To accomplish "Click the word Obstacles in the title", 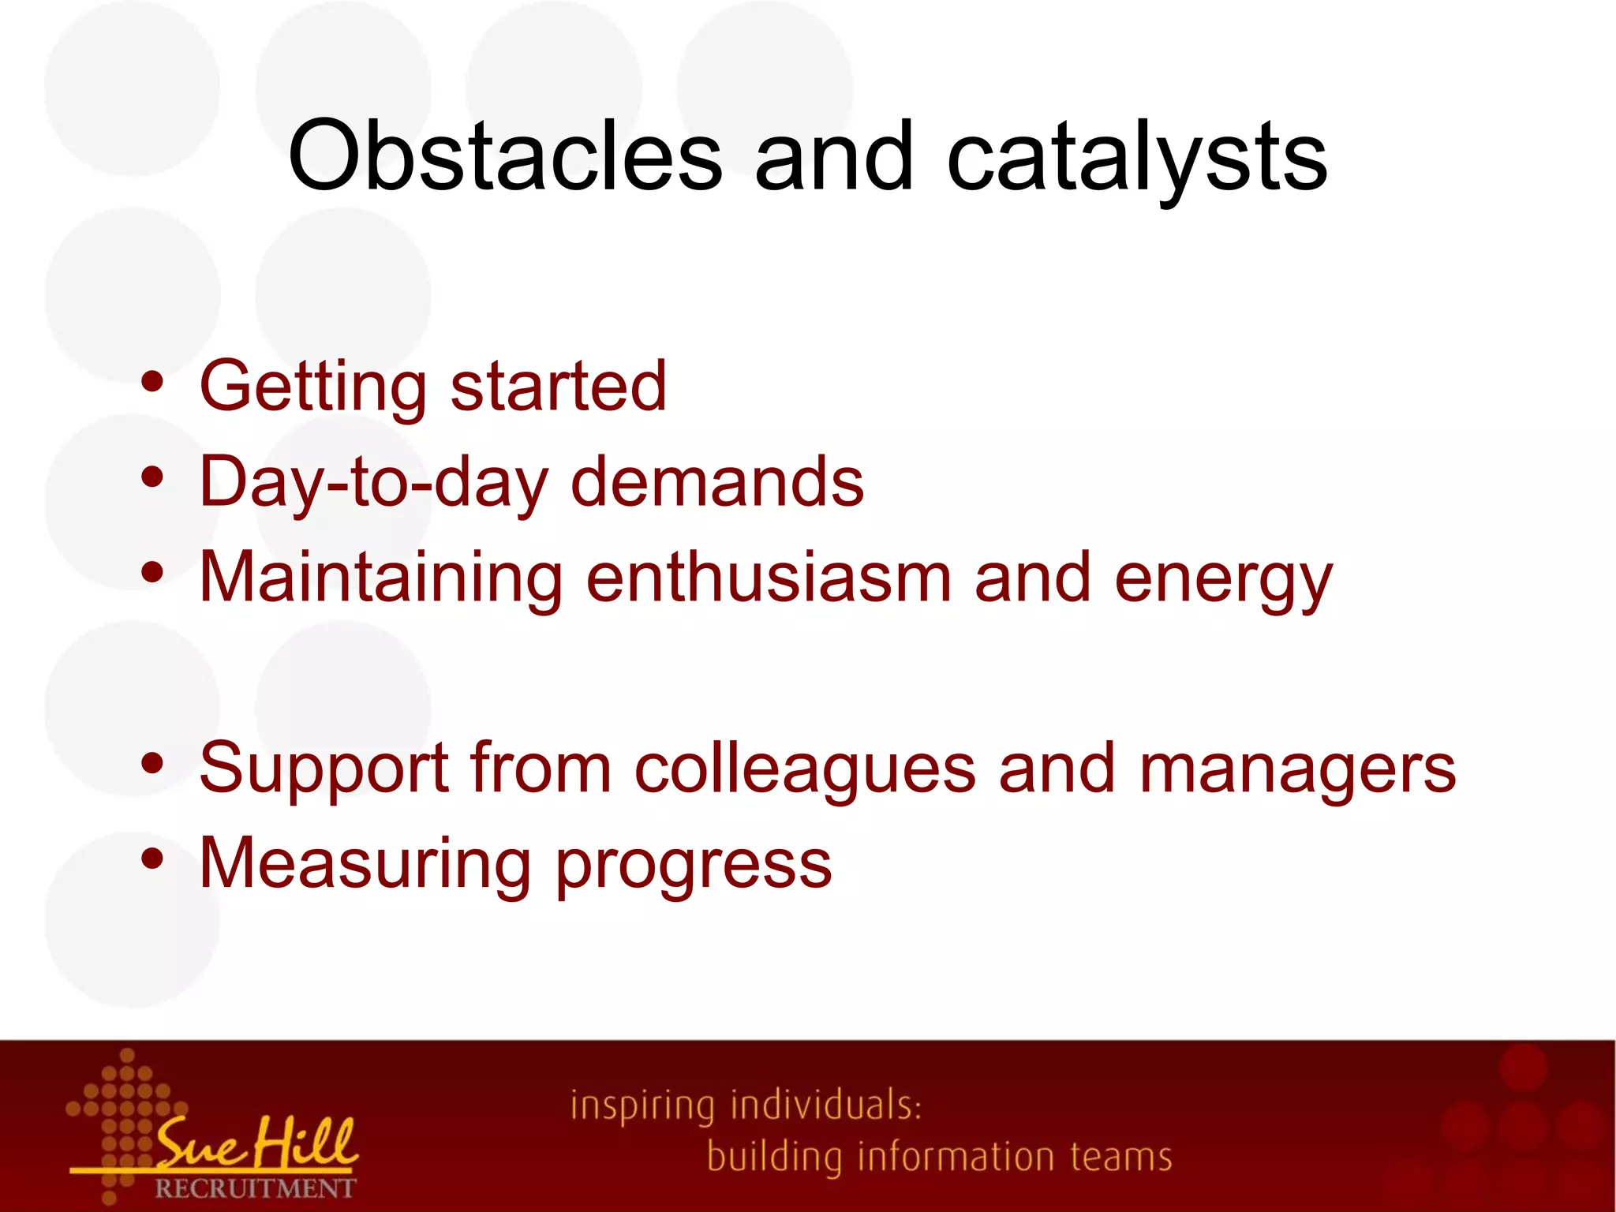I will pos(505,155).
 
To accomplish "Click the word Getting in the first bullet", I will pos(312,387).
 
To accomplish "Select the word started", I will pos(559,387).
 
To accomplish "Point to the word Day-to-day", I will pos(373,483).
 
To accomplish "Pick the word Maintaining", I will pos(381,578).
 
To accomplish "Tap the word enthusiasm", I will pos(769,578).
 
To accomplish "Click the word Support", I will pos(324,769).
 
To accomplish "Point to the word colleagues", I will pos(805,769).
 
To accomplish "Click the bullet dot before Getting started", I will pos(152,383).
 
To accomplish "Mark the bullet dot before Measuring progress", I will pos(152,858).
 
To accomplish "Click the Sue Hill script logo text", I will pos(256,1142).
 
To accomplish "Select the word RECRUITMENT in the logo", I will pos(255,1188).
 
